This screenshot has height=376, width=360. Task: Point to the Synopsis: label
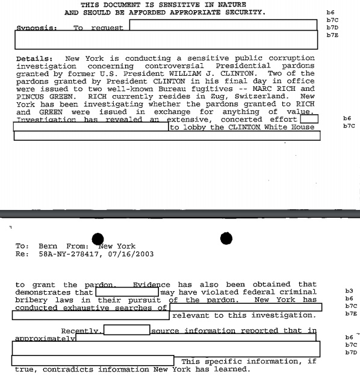(x=36, y=28)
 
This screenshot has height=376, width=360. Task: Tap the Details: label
(x=34, y=58)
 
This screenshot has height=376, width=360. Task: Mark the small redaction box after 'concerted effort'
(x=308, y=119)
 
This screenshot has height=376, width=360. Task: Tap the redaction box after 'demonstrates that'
(x=126, y=292)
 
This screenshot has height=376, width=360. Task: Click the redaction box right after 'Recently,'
(x=126, y=330)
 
